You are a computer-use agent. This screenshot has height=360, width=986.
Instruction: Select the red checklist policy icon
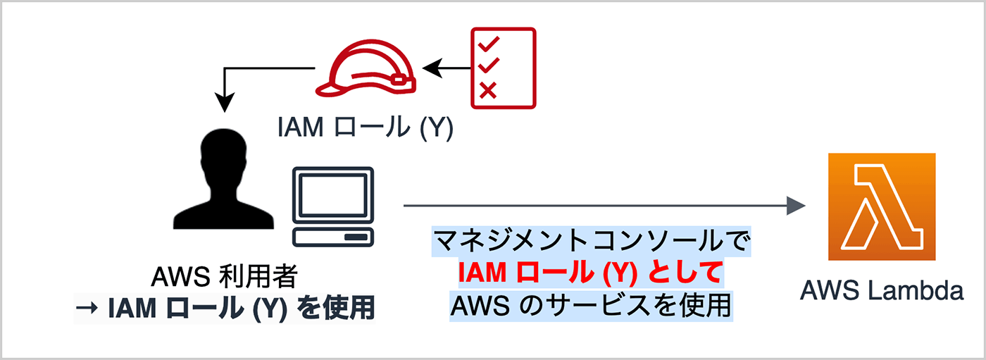pyautogui.click(x=503, y=68)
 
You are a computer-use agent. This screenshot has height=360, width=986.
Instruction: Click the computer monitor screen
pyautogui.click(x=333, y=194)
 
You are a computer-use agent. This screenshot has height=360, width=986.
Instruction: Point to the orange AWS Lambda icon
pyautogui.click(x=882, y=206)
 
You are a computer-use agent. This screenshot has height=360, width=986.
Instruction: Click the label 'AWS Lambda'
pyautogui.click(x=882, y=290)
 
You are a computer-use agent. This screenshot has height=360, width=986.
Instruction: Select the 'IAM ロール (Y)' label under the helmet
pyautogui.click(x=366, y=127)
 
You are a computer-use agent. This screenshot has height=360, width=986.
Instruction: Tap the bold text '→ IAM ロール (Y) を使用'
pyautogui.click(x=224, y=309)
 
